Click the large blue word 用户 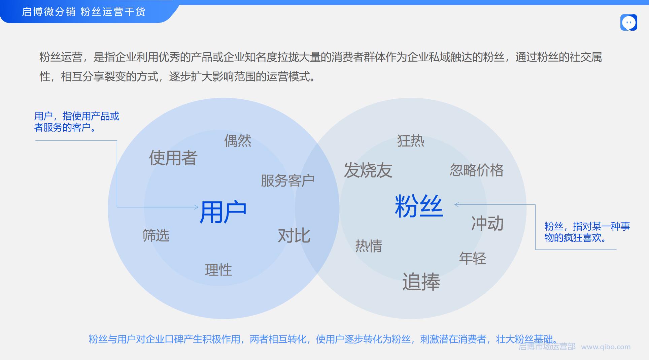(x=223, y=212)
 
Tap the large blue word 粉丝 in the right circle (x=418, y=206)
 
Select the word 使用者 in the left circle (x=173, y=158)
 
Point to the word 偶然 (x=238, y=140)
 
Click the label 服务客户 (x=287, y=181)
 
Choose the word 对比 (x=294, y=235)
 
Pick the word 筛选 (x=156, y=235)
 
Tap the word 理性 (x=218, y=270)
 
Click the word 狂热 (x=411, y=140)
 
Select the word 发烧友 (x=368, y=170)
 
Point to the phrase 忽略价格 (x=477, y=170)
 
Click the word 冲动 (x=487, y=223)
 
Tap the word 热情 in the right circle (x=369, y=246)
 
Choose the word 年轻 (x=473, y=258)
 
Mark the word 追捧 (x=421, y=282)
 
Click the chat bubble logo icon (x=629, y=23)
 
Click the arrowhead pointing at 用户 (x=197, y=207)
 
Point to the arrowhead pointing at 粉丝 (x=456, y=204)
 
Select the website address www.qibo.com (x=606, y=347)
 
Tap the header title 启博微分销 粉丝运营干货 (x=84, y=12)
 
